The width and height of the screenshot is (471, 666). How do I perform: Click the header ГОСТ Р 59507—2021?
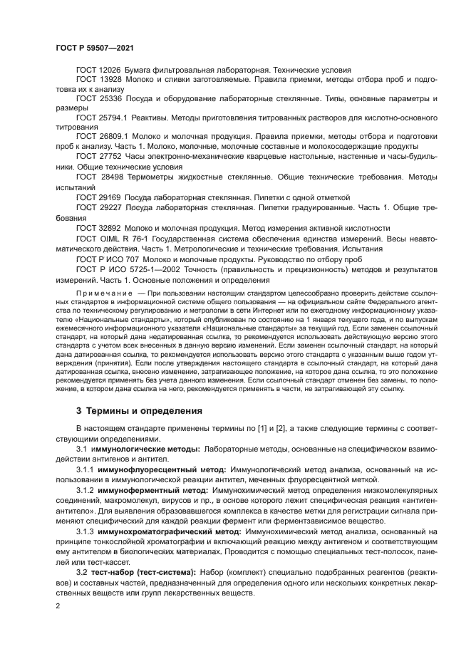pyautogui.click(x=94, y=47)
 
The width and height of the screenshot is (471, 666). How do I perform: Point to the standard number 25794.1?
pyautogui.click(x=115, y=116)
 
